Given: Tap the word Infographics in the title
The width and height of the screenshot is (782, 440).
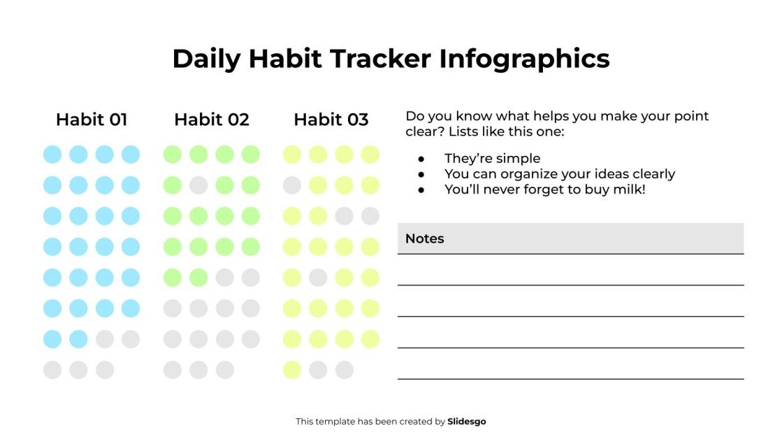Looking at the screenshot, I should (x=524, y=59).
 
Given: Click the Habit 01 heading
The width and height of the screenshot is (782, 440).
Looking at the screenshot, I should (x=92, y=120).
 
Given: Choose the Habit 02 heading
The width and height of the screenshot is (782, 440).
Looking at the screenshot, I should (x=211, y=120).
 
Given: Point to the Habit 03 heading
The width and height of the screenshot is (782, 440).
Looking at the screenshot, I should (x=331, y=120).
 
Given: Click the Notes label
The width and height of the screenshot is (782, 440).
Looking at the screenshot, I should (x=424, y=239).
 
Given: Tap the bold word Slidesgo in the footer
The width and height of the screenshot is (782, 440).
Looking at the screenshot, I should (x=466, y=422).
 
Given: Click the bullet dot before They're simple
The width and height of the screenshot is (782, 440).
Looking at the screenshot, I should (x=421, y=159).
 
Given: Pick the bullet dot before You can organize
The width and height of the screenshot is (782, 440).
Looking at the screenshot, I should (x=421, y=174).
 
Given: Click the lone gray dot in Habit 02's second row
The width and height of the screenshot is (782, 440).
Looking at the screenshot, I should (x=198, y=185).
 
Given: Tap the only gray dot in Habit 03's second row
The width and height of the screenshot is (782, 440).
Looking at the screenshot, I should (x=292, y=185).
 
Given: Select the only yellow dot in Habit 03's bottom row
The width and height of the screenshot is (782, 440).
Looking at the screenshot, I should (x=292, y=370).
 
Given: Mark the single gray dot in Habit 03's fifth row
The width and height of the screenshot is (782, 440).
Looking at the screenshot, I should (x=318, y=278).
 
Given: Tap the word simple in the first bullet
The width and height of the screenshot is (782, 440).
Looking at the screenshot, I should (x=518, y=159).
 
